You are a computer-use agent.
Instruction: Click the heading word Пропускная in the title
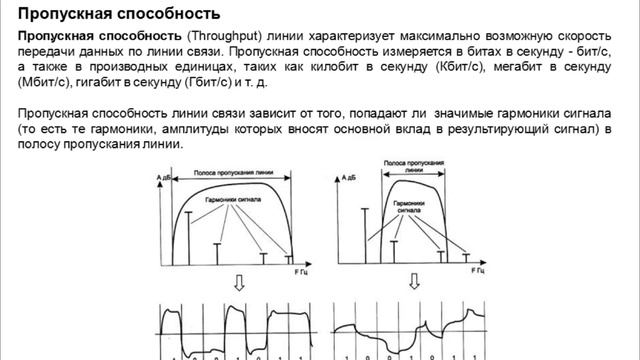point(64,13)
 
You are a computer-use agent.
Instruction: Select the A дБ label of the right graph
point(346,175)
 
